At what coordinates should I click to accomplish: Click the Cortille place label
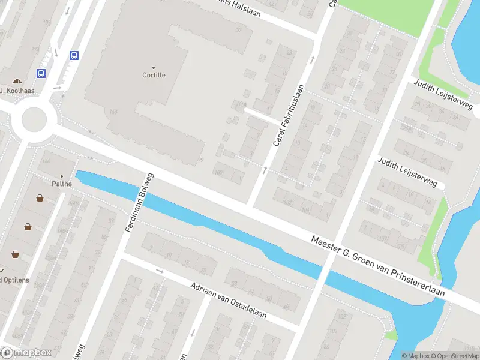click(x=154, y=75)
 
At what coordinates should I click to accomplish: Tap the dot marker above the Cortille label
click(x=154, y=67)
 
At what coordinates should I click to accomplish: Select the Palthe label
click(x=61, y=184)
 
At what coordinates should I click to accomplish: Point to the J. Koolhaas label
click(x=17, y=91)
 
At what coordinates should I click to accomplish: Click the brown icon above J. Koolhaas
click(x=17, y=80)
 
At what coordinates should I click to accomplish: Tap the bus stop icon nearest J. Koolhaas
click(x=41, y=74)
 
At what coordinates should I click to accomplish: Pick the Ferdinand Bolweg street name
click(x=140, y=203)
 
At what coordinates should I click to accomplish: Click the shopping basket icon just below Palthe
click(x=40, y=197)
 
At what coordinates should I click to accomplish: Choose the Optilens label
click(x=14, y=280)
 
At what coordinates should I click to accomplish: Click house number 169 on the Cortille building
click(x=114, y=112)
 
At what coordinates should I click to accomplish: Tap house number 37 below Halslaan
click(x=239, y=29)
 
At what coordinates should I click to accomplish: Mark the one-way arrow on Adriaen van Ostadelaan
click(x=160, y=271)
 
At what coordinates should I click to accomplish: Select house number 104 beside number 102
click(x=305, y=209)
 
